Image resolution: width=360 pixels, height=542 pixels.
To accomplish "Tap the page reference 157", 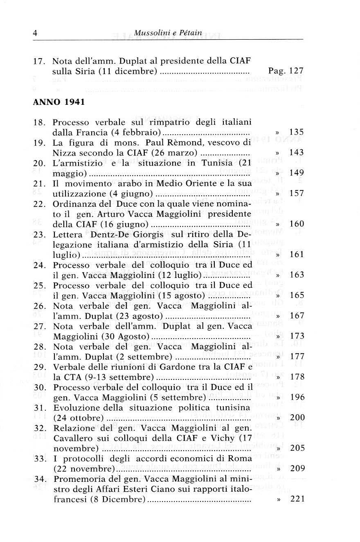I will click(296, 193).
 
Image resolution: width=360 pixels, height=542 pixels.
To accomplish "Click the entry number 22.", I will click(40, 203).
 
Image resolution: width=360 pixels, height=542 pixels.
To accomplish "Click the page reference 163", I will click(296, 275).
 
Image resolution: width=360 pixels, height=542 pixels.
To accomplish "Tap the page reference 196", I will click(296, 397).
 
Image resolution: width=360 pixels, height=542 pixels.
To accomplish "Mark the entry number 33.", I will click(40, 458).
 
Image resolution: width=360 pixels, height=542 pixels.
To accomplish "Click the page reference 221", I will click(296, 499).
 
